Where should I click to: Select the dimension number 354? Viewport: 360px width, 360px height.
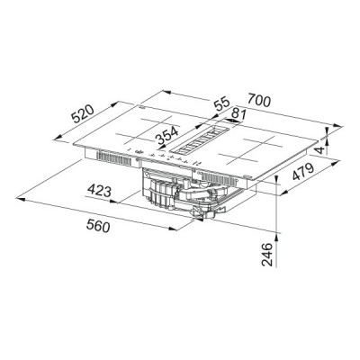tap(166, 137)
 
